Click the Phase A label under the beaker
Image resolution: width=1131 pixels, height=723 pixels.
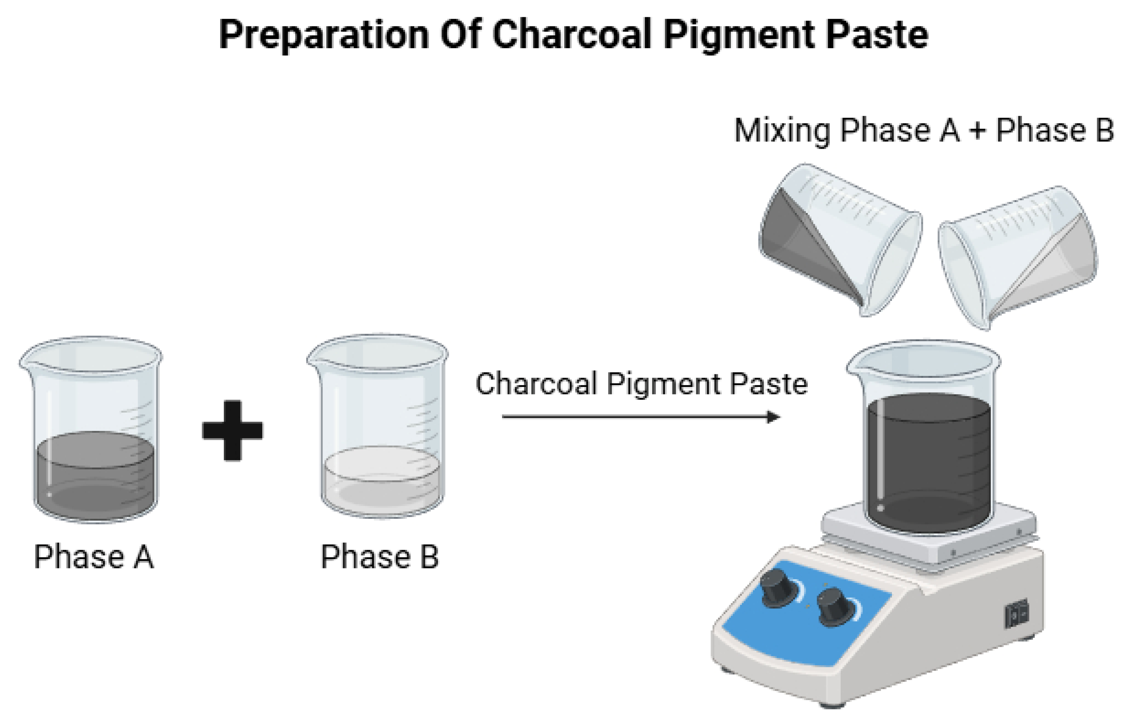coord(94,557)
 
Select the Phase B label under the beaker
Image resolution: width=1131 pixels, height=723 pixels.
coord(379,557)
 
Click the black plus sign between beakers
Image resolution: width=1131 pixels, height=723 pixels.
coord(232,431)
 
